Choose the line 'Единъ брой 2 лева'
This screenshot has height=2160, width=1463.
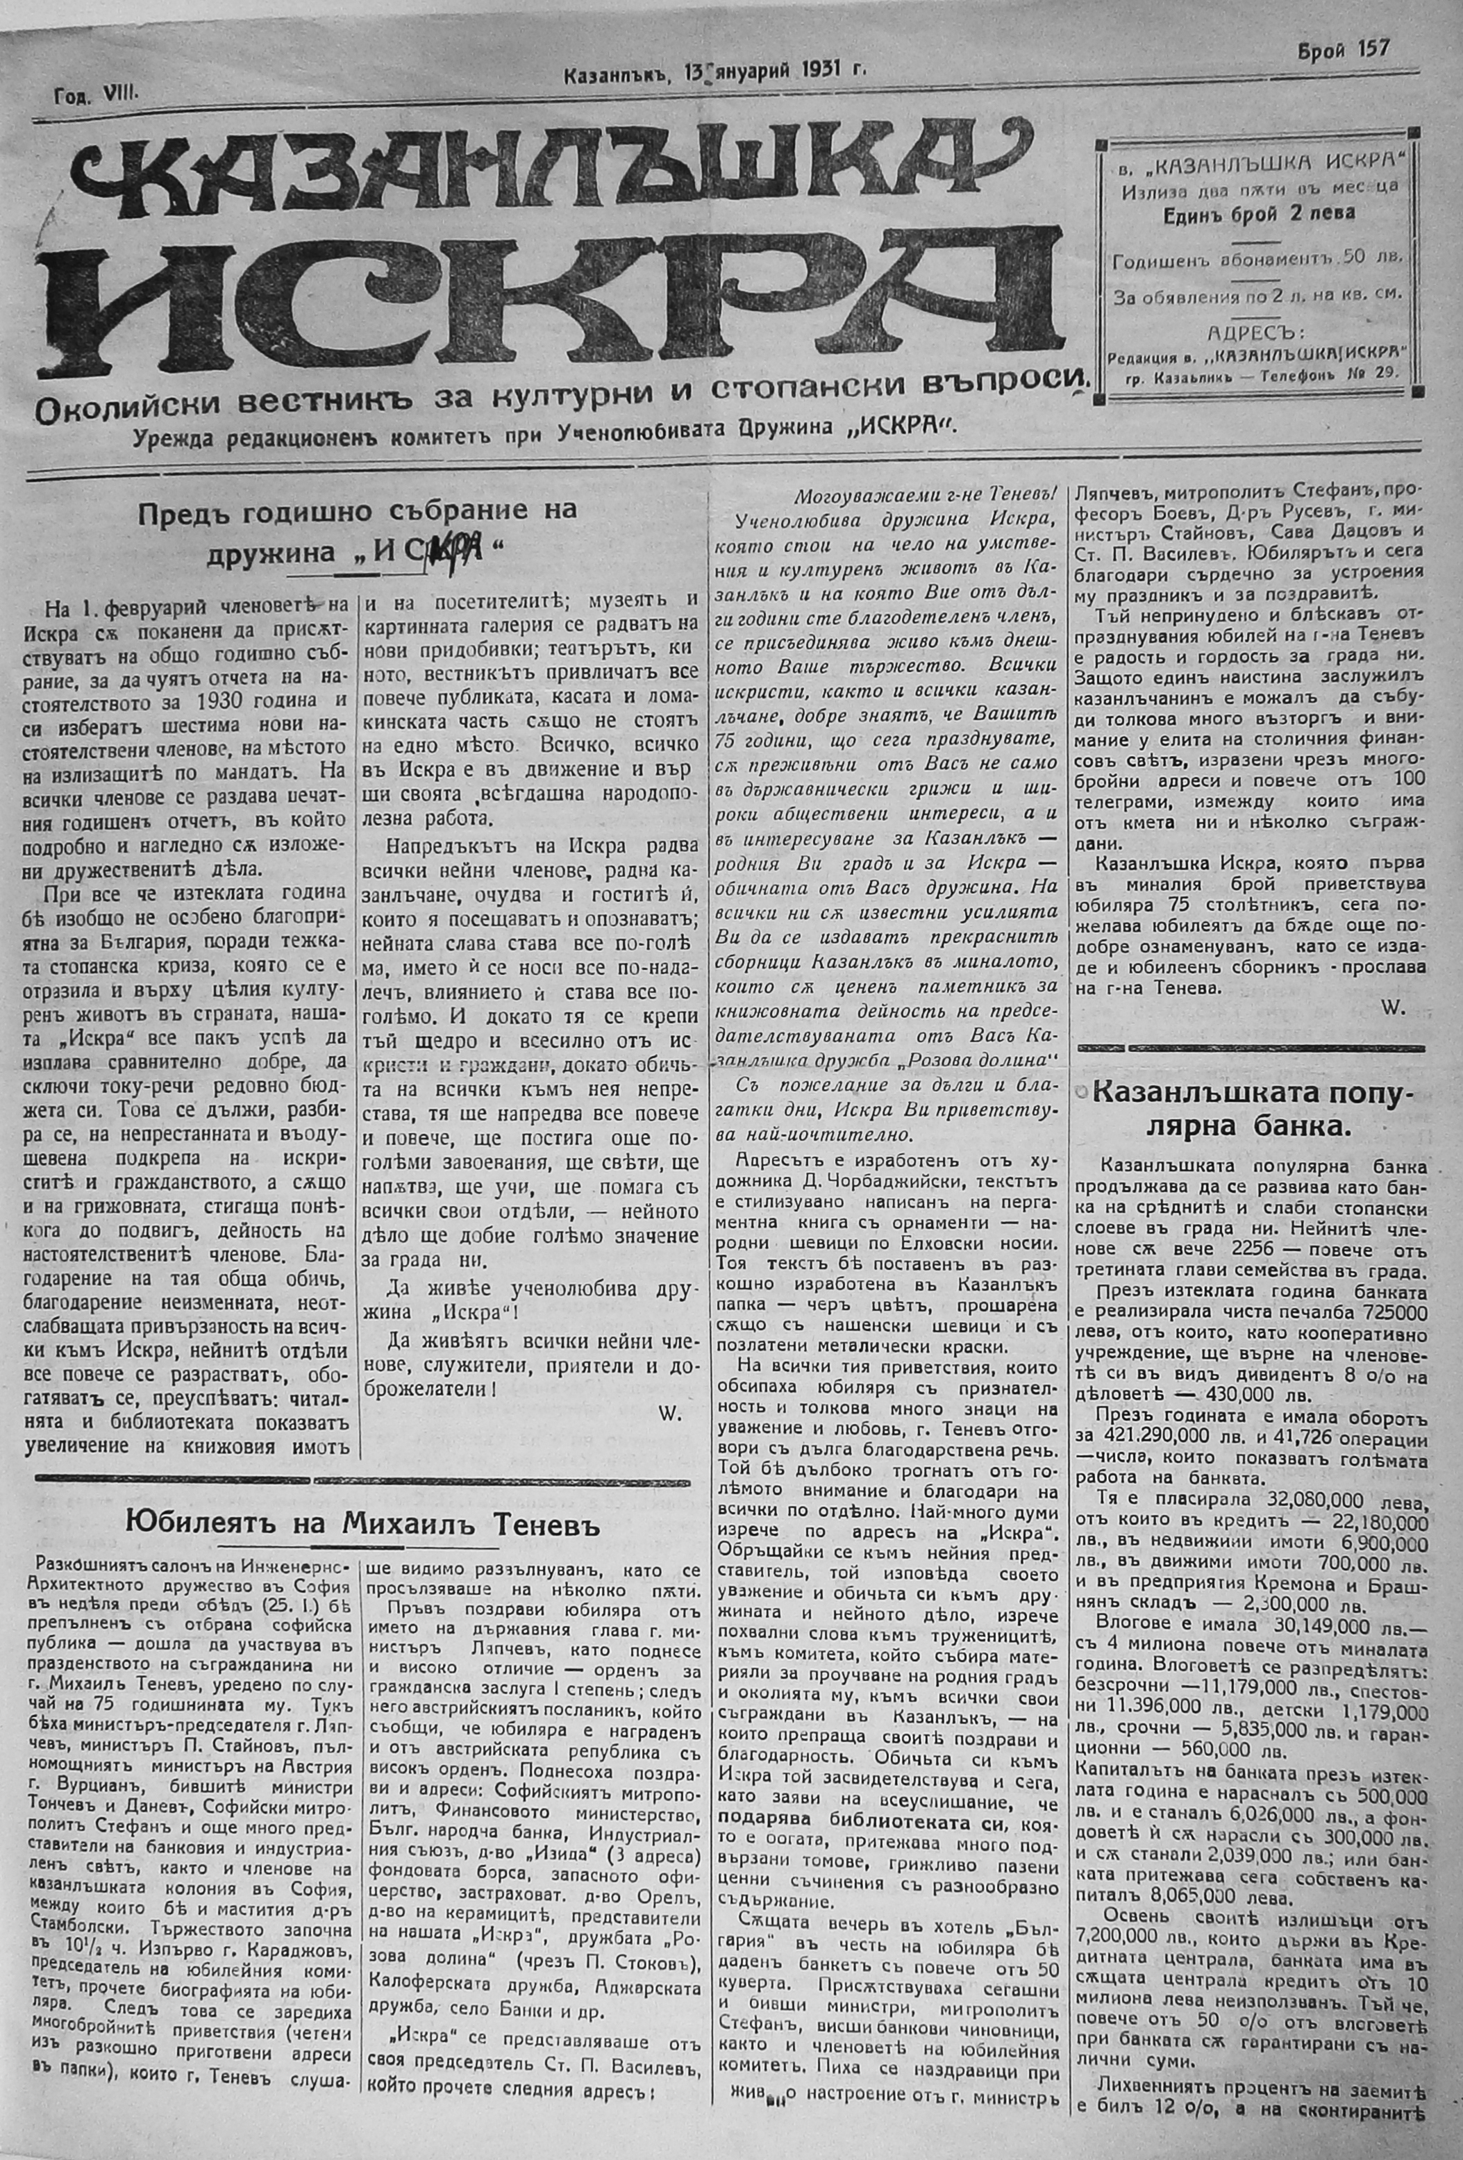point(1259,214)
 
